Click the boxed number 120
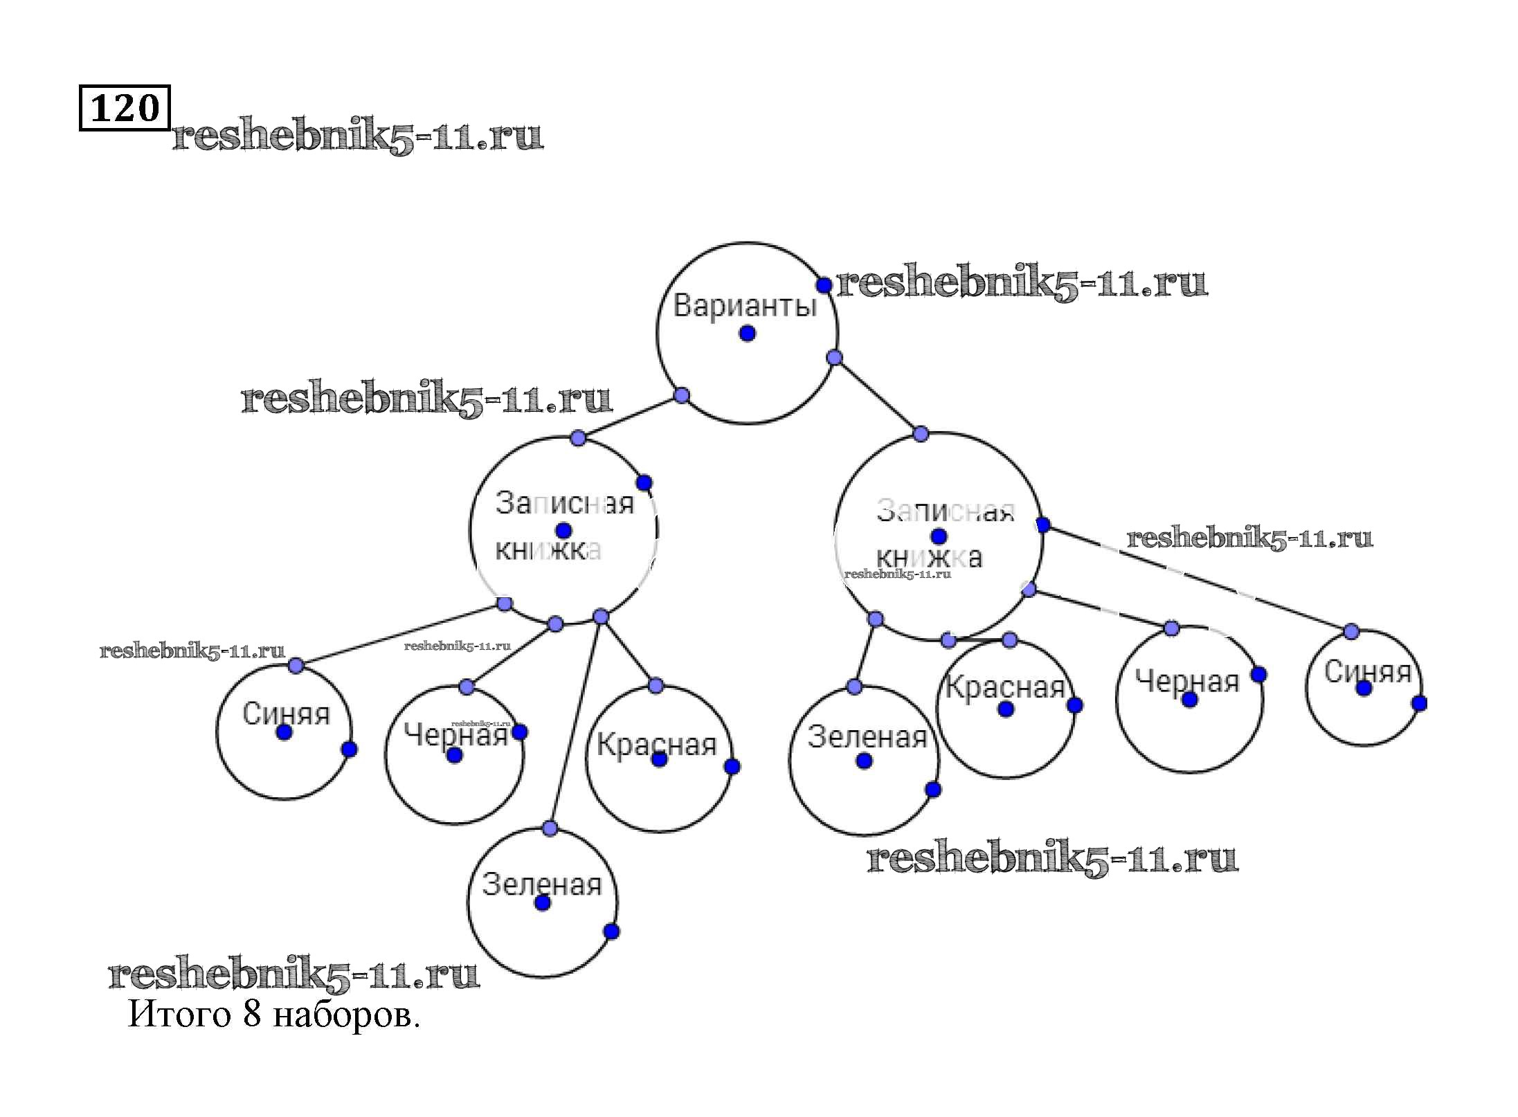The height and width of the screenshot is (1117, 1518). (125, 108)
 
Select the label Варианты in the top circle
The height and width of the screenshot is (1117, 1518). (745, 305)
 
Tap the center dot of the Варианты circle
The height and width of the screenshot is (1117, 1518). (748, 334)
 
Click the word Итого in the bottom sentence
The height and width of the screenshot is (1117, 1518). (179, 1015)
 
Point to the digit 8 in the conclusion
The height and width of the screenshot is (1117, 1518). (252, 1015)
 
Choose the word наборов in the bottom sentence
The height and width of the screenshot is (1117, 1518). (346, 1016)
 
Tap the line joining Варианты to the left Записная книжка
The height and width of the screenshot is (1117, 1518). (630, 417)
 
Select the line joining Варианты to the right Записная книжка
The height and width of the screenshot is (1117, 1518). (878, 396)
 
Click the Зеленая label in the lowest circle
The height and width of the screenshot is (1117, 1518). (541, 884)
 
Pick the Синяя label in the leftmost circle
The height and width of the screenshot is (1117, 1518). (286, 714)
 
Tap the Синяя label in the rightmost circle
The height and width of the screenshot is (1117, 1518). (1367, 671)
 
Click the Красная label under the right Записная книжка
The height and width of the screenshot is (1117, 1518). (1004, 687)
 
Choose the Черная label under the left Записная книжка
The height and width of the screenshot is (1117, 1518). (455, 734)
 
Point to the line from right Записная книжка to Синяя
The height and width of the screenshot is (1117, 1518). (1198, 579)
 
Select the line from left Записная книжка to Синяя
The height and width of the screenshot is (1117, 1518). (400, 635)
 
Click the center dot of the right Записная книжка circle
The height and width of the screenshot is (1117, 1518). (939, 536)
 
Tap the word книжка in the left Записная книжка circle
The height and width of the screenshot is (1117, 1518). (548, 550)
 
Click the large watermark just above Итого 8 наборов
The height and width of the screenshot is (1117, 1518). (294, 974)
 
